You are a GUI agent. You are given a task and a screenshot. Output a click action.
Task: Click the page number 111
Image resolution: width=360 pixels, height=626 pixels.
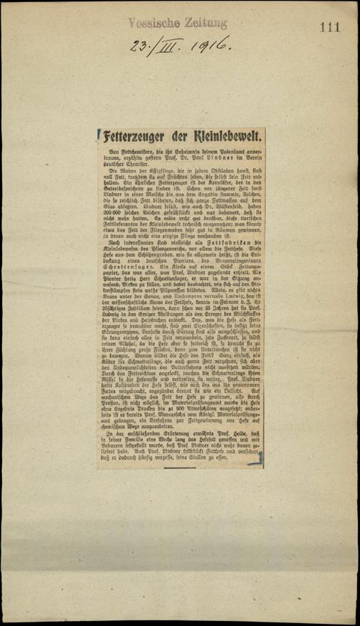[330, 27]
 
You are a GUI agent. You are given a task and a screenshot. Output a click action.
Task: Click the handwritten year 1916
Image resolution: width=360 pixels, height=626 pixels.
[208, 47]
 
